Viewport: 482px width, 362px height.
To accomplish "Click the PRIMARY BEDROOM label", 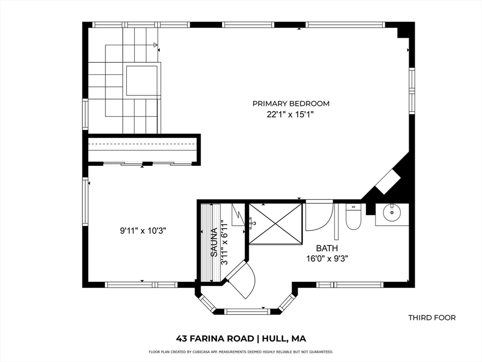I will click(x=291, y=103).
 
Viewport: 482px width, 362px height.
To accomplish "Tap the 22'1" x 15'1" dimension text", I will click(x=291, y=114).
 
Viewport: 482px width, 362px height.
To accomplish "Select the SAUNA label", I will click(x=214, y=242).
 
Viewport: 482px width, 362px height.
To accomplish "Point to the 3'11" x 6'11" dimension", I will click(x=225, y=242).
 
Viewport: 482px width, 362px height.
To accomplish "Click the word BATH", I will click(x=327, y=248).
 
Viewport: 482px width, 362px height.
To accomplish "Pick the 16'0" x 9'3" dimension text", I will click(x=327, y=258).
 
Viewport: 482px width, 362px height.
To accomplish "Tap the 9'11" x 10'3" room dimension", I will click(x=143, y=231).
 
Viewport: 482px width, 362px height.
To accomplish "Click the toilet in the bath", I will click(x=353, y=218).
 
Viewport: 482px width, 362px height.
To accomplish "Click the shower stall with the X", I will click(x=275, y=224).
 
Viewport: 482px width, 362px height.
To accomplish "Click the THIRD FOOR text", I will click(x=432, y=318).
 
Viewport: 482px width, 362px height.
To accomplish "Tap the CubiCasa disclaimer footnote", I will click(x=241, y=352).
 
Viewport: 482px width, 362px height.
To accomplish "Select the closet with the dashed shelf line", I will click(x=142, y=149).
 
